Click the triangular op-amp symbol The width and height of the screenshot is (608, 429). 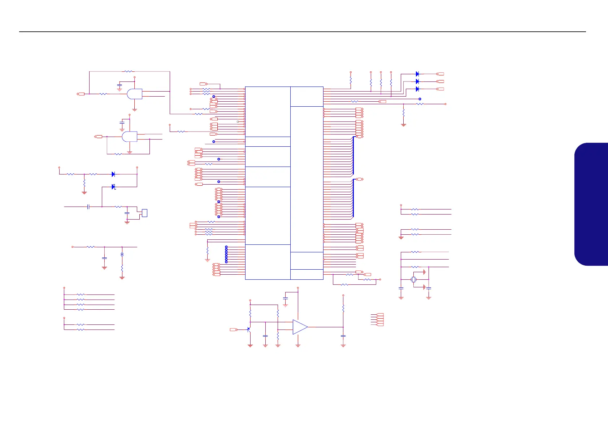point(300,327)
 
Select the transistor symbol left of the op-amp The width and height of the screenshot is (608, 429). point(248,329)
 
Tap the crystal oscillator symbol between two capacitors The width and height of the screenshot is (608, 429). point(414,279)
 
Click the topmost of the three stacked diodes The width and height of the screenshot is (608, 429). point(417,74)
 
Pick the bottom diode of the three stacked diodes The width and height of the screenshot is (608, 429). point(417,89)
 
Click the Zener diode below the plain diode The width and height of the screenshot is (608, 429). point(113,187)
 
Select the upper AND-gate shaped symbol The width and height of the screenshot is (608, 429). point(135,94)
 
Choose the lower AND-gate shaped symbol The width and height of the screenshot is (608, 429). point(130,137)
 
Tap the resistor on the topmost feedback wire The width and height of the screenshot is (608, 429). point(129,71)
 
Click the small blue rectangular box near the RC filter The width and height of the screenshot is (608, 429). point(144,213)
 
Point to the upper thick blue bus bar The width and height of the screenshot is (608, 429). point(353,156)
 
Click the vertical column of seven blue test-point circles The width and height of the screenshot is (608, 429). point(226,254)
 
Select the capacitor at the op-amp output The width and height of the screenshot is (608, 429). point(343,336)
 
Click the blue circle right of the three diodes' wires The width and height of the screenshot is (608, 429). point(420,99)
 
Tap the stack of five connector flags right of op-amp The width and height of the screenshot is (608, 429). point(380,320)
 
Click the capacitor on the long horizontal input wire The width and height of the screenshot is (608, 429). point(88,207)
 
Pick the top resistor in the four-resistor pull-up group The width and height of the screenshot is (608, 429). point(81,295)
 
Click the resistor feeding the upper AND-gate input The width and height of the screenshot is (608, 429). point(103,94)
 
